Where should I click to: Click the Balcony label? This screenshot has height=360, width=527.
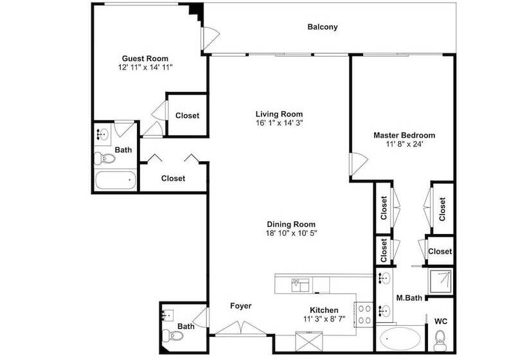pyautogui.click(x=323, y=27)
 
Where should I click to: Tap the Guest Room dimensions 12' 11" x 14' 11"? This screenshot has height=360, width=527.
pyautogui.click(x=145, y=67)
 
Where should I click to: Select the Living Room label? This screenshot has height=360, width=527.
pyautogui.click(x=280, y=114)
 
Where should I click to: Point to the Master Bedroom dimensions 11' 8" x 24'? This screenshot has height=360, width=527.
pyautogui.click(x=404, y=144)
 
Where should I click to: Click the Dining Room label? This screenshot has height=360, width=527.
pyautogui.click(x=291, y=224)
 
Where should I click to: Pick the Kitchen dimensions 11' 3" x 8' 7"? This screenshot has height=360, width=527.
pyautogui.click(x=325, y=319)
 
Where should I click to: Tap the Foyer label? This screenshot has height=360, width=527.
pyautogui.click(x=240, y=306)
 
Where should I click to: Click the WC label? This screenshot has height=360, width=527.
pyautogui.click(x=441, y=321)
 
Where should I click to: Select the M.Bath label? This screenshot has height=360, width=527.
pyautogui.click(x=409, y=298)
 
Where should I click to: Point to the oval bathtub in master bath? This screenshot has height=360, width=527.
pyautogui.click(x=400, y=339)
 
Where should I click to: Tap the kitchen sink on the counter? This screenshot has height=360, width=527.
pyautogui.click(x=300, y=285)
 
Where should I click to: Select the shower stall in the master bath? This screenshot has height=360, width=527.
pyautogui.click(x=441, y=281)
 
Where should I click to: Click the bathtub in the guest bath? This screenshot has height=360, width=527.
pyautogui.click(x=115, y=181)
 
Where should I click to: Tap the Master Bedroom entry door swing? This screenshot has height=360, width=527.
pyautogui.click(x=358, y=164)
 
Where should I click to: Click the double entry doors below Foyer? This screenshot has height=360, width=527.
pyautogui.click(x=240, y=328)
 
